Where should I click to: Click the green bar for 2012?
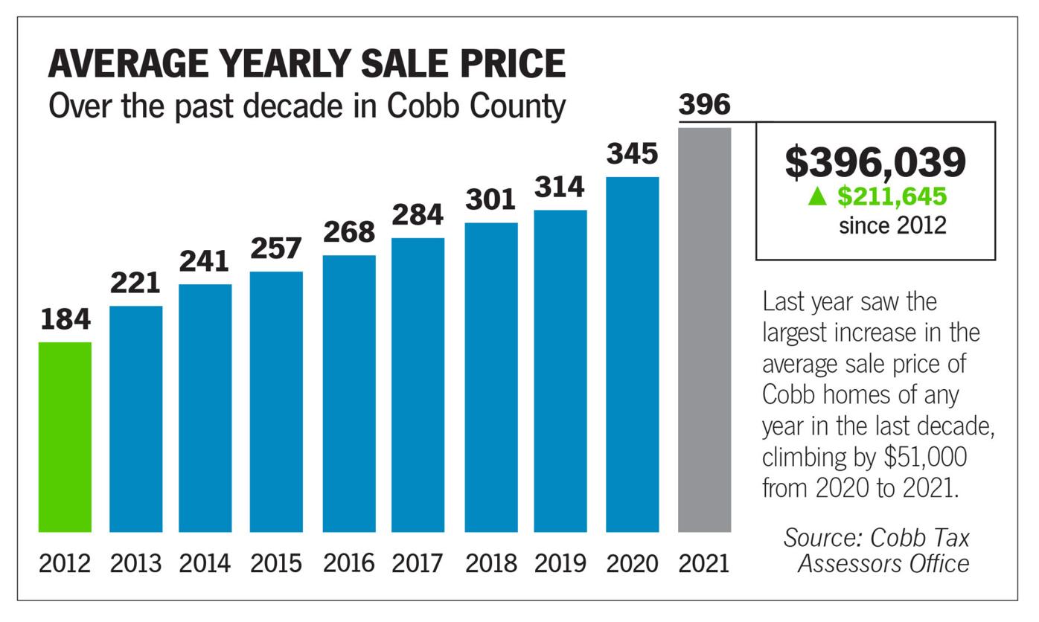pyautogui.click(x=65, y=437)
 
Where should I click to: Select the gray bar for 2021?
pyautogui.click(x=704, y=330)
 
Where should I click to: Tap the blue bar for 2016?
pyautogui.click(x=349, y=394)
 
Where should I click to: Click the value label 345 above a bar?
pyautogui.click(x=632, y=154)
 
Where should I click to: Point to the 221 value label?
pyautogui.click(x=135, y=283)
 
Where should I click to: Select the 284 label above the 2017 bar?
pyautogui.click(x=418, y=215)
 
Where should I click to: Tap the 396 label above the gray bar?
pyautogui.click(x=704, y=105)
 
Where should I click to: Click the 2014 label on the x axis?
pyautogui.click(x=205, y=563)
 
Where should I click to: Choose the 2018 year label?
pyautogui.click(x=490, y=563)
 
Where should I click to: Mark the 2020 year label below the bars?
pyautogui.click(x=632, y=563)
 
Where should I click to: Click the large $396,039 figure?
pyautogui.click(x=875, y=162)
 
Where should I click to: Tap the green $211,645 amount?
pyautogui.click(x=892, y=196)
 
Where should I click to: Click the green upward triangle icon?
pyautogui.click(x=817, y=196)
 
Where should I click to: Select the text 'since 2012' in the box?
pyautogui.click(x=892, y=225)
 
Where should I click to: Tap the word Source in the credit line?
pyautogui.click(x=822, y=537)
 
